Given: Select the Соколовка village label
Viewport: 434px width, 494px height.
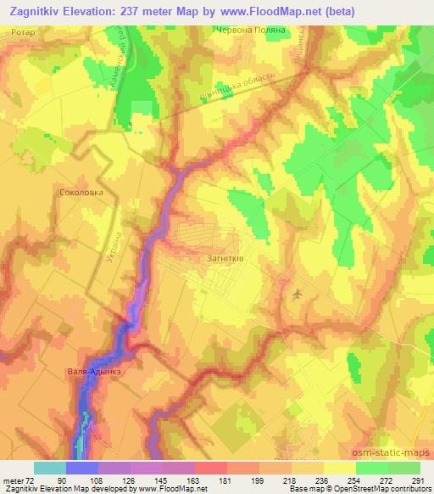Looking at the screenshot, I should point(81,193).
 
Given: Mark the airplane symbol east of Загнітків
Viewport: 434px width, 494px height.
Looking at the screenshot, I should point(296,294).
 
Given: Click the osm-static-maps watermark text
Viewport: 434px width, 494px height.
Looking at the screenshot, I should point(398,450).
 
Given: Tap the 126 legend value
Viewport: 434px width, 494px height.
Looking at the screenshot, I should point(130,480).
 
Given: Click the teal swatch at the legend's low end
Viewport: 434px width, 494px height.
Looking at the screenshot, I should point(50,468).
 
